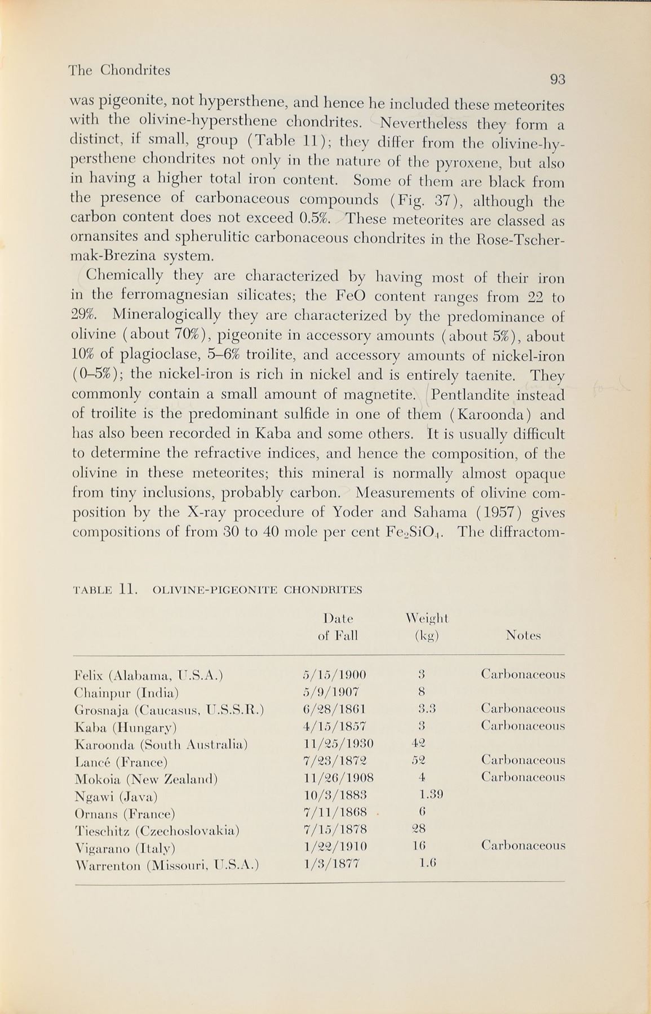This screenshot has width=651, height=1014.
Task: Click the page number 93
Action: [557, 80]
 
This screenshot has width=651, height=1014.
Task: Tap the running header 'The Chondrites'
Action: [119, 71]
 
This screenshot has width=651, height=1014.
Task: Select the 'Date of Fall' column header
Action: [338, 627]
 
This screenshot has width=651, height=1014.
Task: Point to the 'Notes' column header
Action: [522, 636]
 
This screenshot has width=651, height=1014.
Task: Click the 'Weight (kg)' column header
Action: [426, 627]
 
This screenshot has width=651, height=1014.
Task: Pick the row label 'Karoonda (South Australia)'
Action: [161, 745]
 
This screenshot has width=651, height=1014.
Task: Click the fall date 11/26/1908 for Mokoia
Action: [338, 779]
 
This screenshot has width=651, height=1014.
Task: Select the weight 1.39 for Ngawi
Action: [431, 795]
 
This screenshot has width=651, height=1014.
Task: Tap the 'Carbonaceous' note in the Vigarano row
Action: [522, 846]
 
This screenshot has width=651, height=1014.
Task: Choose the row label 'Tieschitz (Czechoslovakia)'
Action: [157, 830]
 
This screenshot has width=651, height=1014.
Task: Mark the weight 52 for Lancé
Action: [419, 760]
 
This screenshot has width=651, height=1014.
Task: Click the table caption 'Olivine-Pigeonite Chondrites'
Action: [257, 590]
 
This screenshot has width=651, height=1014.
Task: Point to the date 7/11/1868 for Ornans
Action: [335, 812]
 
